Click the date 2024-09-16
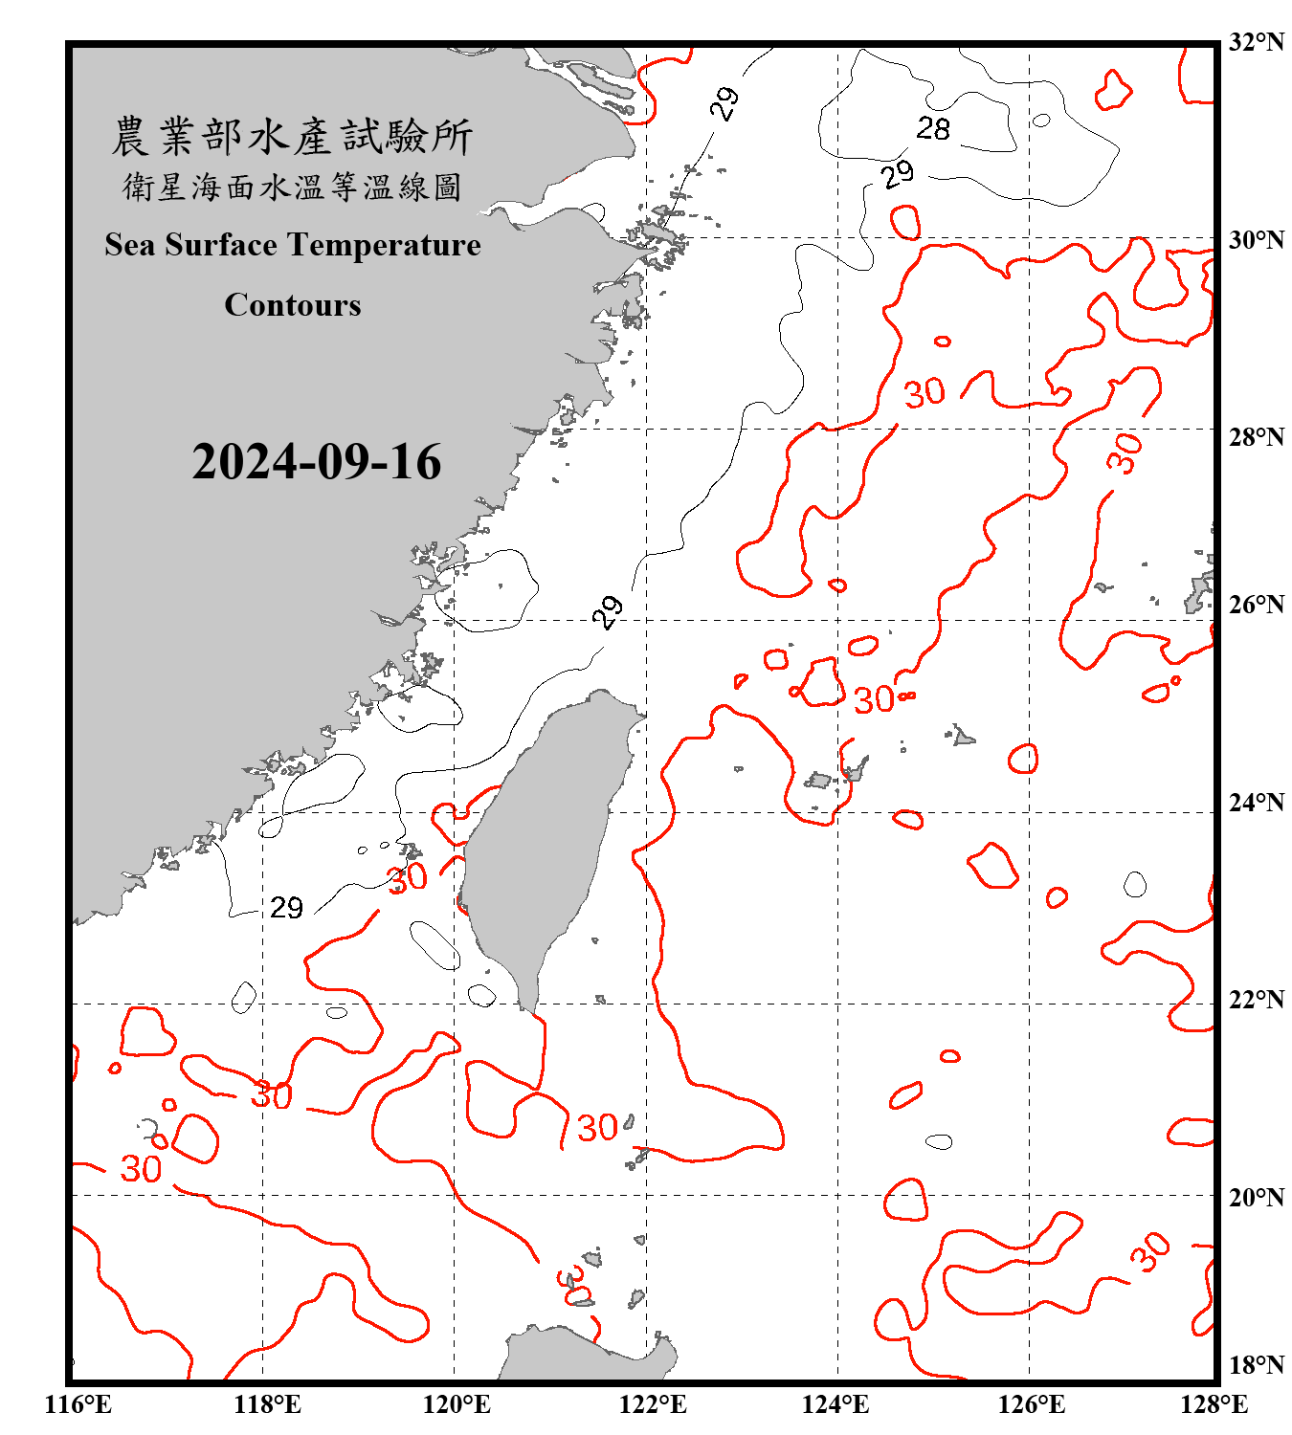[x=316, y=462]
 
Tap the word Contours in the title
[x=293, y=305]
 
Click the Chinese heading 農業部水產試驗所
[x=292, y=137]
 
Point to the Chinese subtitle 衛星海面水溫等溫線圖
[x=292, y=187]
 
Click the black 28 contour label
[x=933, y=128]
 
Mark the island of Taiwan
[x=546, y=842]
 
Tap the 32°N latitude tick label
[x=1256, y=42]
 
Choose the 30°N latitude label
[x=1256, y=239]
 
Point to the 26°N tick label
[x=1256, y=605]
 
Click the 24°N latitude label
[x=1256, y=802]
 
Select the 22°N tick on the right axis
[x=1256, y=1000]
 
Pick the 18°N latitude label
[x=1256, y=1365]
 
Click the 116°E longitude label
[x=78, y=1404]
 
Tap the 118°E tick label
[x=267, y=1404]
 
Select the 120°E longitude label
[x=457, y=1404]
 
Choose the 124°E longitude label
[x=835, y=1404]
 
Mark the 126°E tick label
[x=1031, y=1404]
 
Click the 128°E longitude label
[x=1214, y=1404]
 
